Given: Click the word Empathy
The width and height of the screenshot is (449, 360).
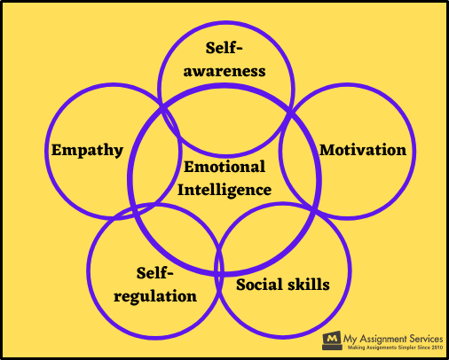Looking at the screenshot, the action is coord(87,151).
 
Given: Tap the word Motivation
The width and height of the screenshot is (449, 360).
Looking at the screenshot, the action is coord(363,150).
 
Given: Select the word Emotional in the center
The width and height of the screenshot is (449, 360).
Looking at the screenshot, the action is coord(224,167).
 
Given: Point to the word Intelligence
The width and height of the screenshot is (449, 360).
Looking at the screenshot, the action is coord(224,190).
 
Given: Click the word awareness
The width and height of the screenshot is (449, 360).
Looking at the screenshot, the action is coord(224,71).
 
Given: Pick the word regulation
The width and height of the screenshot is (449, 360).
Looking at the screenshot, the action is coord(155,296).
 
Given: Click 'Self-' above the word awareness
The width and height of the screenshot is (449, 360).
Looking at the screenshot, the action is coord(224,48).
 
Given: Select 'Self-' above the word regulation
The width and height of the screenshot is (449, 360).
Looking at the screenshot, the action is coord(154,273).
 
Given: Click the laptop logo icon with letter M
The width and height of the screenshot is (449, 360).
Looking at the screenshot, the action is coord(332,340).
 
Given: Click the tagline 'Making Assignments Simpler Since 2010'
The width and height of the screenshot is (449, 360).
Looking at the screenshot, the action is coord(395,348).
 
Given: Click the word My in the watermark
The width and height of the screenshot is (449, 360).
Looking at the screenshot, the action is coord(351,339).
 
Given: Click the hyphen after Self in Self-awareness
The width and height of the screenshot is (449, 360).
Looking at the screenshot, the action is coord(239,50).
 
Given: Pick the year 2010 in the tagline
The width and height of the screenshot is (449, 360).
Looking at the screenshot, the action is coord(437,348).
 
